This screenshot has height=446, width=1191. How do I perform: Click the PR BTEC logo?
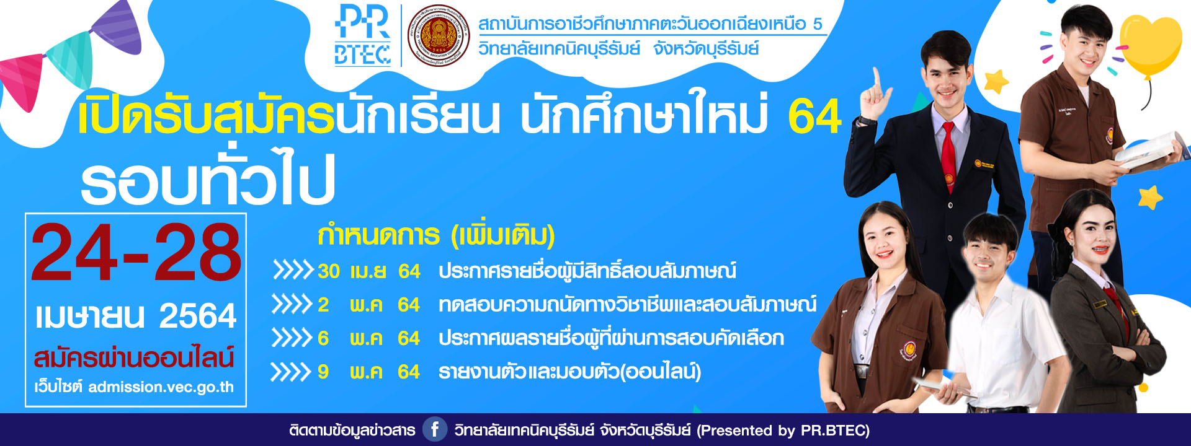click(362, 35)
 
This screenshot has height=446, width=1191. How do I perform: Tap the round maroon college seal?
click(439, 35)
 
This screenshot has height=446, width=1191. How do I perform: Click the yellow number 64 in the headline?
click(814, 116)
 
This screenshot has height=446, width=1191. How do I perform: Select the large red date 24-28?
click(136, 253)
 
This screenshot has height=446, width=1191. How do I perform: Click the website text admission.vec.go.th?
click(161, 387)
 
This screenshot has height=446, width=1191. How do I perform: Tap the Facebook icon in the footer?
click(435, 429)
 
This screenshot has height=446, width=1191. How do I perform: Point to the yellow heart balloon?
click(1151, 46)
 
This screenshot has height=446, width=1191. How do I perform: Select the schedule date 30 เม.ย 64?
click(369, 271)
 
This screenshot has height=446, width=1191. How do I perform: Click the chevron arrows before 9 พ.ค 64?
click(291, 372)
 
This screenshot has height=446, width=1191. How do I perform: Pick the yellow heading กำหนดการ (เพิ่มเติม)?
click(436, 235)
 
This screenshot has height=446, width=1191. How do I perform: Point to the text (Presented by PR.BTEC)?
click(783, 431)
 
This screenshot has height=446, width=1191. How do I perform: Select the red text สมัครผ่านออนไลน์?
click(134, 357)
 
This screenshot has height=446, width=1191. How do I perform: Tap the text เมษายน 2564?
click(136, 316)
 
